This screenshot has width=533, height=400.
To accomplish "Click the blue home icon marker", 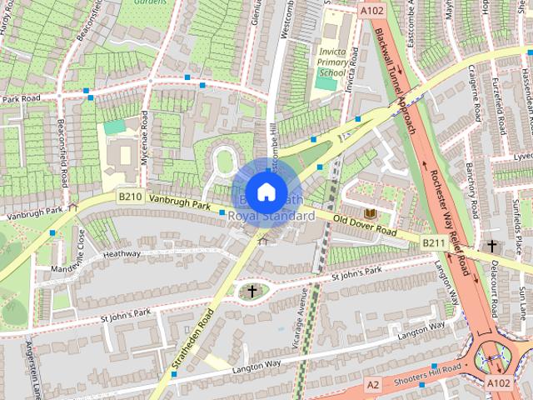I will [266, 192].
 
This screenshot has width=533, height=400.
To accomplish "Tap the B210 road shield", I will [129, 197].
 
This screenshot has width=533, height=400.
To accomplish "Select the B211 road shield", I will [432, 242].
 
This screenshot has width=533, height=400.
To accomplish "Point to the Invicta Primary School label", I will [331, 62].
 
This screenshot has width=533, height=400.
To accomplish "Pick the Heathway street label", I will [122, 253].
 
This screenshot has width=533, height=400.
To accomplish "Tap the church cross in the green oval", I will [252, 291].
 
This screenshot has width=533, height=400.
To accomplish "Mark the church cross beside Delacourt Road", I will [492, 246].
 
